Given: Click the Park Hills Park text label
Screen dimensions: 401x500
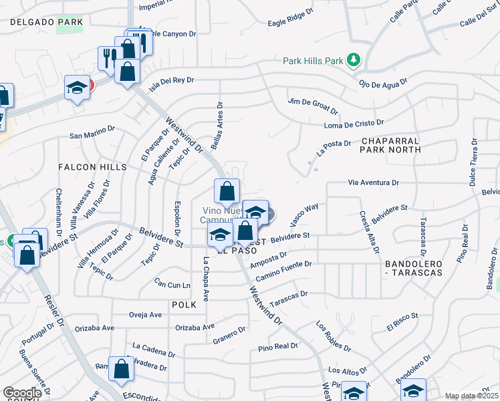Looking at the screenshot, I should point(312,61).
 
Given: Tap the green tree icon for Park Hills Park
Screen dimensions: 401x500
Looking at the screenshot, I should point(354,61).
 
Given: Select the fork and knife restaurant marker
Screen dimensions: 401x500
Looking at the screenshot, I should point(108,57).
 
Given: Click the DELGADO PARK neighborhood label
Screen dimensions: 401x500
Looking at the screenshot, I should point(47,22).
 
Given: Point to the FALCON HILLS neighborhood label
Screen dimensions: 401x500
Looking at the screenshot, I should point(92,166).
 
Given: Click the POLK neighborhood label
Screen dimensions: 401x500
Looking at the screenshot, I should point(184,305).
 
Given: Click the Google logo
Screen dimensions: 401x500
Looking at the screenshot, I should point(22,393).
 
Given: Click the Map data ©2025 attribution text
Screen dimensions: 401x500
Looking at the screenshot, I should point(471,396).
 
